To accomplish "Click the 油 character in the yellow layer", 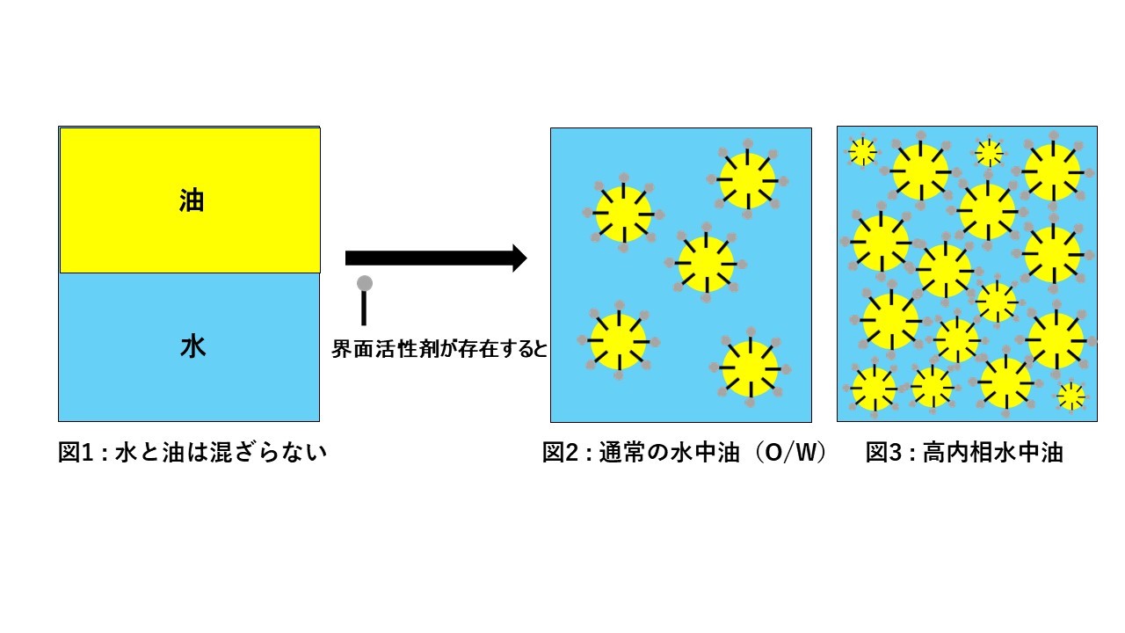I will (x=192, y=200).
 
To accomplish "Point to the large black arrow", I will (x=435, y=258).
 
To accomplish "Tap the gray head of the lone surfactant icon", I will (x=365, y=283).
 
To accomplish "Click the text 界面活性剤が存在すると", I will (x=439, y=349).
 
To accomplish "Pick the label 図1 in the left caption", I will (x=74, y=454).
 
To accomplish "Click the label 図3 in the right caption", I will (x=882, y=454).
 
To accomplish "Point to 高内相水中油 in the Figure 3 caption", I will (x=993, y=454).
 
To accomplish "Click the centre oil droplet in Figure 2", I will (x=706, y=264).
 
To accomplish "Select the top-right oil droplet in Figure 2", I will (x=748, y=179).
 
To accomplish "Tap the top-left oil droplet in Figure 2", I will (x=623, y=214).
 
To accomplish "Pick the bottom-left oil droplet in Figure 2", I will (x=618, y=341).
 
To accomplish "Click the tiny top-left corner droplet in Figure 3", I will (x=862, y=152).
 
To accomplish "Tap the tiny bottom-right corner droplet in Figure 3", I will (x=1071, y=397).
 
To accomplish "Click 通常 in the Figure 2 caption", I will (x=621, y=454).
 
